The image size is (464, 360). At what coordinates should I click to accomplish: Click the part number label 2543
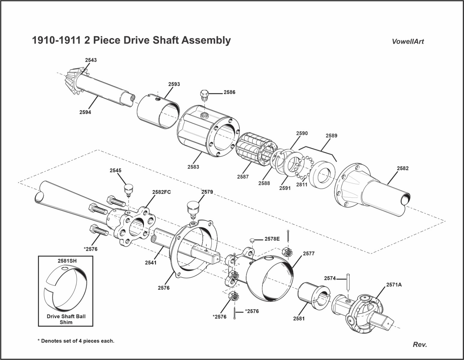pos(91,60)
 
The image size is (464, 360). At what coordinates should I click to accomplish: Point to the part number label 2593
pos(174,84)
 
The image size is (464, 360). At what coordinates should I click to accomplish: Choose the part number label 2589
pos(331,136)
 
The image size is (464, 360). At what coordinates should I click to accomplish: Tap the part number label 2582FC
pos(161,192)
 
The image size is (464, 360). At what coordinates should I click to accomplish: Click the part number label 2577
pos(309,253)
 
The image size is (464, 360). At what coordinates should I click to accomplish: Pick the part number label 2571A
pos(394,285)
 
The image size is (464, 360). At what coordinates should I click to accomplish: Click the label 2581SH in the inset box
pos(67,261)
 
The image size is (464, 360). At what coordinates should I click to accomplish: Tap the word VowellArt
pos(408,42)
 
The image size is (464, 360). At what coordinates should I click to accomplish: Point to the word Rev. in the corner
pos(420,344)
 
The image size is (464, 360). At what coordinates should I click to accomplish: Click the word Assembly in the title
pos(205,40)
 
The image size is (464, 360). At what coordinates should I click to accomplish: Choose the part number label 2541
pos(151,262)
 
